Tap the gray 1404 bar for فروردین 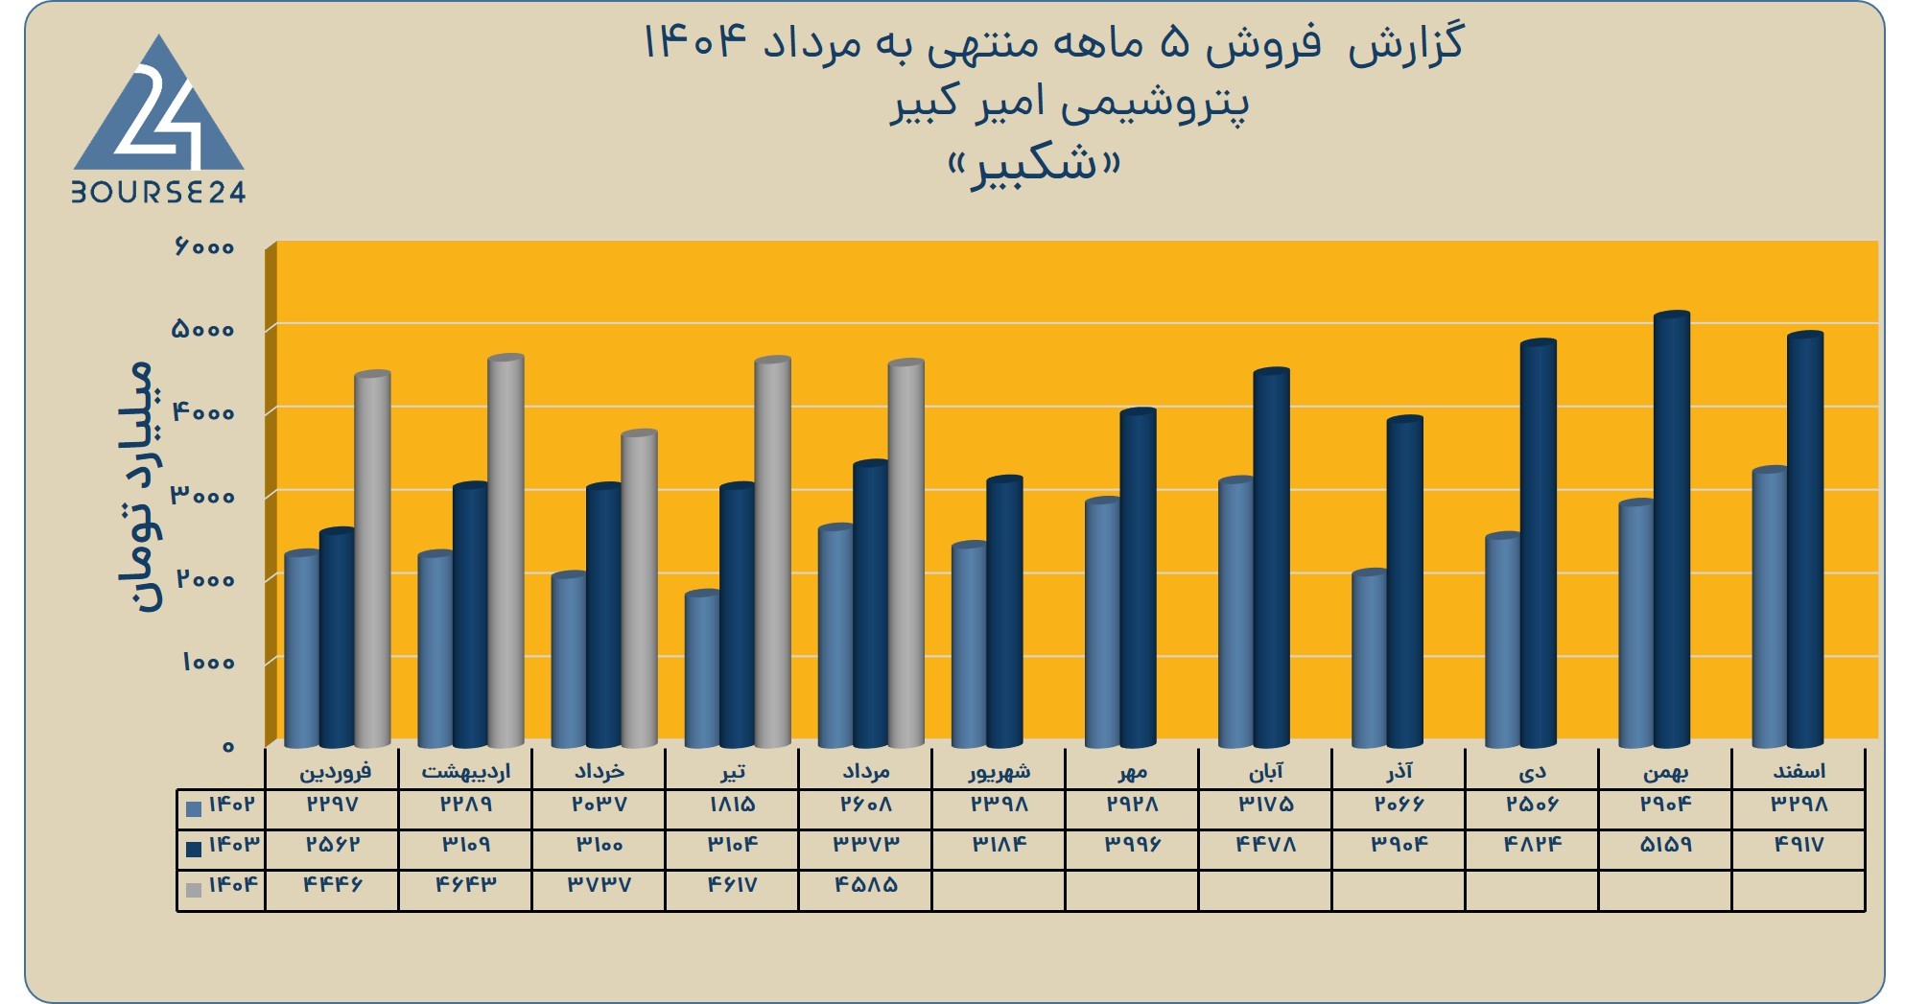(372, 559)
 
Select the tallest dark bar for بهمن (1672, 529)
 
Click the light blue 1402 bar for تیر (702, 669)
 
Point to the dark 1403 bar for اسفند (1805, 540)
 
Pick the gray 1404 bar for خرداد (639, 589)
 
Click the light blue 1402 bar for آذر (1369, 659)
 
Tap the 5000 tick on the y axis (202, 329)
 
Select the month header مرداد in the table (866, 771)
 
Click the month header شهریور (999, 772)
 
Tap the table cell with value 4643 (466, 884)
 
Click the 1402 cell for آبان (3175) (1266, 805)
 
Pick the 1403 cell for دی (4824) (1533, 845)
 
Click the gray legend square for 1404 (194, 889)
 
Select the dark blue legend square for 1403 (194, 849)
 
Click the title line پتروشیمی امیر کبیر (1070, 105)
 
